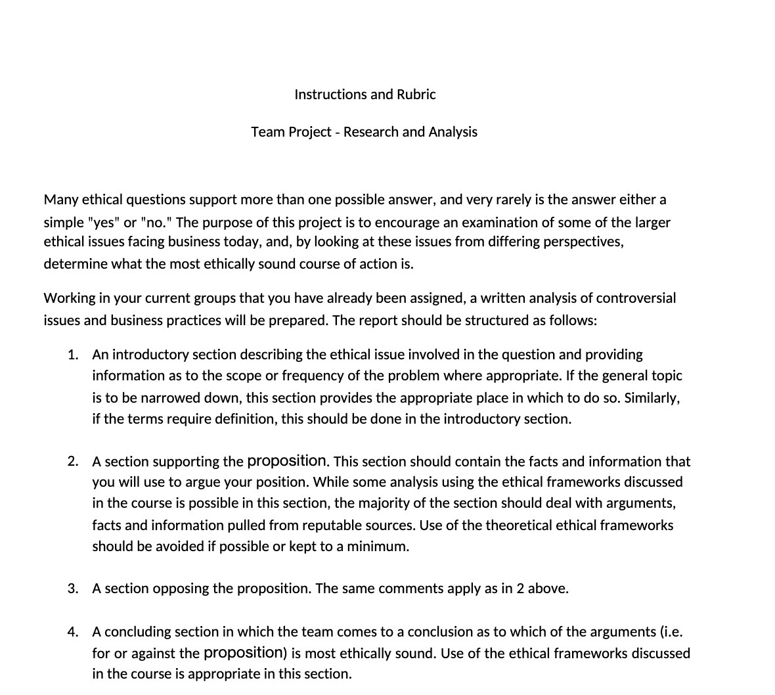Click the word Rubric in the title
(x=416, y=95)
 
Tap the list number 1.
(x=72, y=355)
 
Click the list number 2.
(x=72, y=462)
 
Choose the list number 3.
(x=72, y=589)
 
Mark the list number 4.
(x=72, y=632)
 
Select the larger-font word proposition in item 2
(x=286, y=461)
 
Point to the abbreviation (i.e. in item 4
(x=671, y=632)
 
